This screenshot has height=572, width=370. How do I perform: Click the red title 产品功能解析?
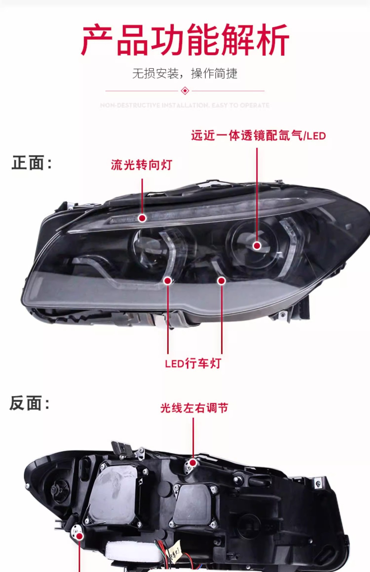click(x=185, y=40)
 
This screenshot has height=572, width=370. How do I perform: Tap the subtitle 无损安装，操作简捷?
click(x=185, y=73)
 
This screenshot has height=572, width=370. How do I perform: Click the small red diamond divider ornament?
click(x=185, y=91)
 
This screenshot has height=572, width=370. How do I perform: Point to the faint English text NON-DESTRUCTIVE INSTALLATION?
click(x=185, y=105)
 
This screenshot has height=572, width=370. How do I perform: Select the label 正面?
click(x=32, y=163)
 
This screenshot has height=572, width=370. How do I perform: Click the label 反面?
click(x=30, y=403)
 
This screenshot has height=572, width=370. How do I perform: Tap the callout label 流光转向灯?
click(x=141, y=165)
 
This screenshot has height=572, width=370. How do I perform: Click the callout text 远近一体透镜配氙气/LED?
click(x=258, y=136)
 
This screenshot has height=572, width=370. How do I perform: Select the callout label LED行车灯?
click(x=193, y=363)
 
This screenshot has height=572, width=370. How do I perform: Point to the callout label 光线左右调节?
click(x=194, y=408)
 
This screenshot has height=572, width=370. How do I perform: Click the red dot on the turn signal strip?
click(x=142, y=218)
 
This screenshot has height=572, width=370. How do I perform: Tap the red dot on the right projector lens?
click(x=257, y=245)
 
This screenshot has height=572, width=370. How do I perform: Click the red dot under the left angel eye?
click(x=168, y=281)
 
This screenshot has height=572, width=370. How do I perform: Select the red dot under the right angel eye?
click(x=221, y=281)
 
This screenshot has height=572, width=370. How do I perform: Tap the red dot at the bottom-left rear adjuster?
click(x=80, y=536)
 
